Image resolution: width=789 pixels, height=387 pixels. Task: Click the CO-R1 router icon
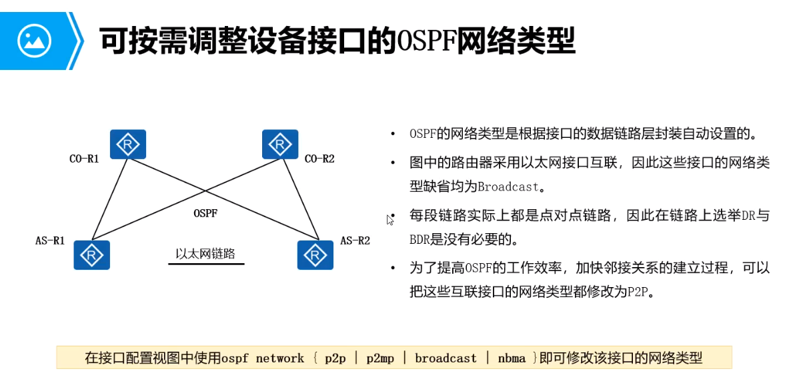(128, 144)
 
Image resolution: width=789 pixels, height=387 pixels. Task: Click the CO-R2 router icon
(280, 144)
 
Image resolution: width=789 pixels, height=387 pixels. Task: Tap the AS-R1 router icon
(91, 254)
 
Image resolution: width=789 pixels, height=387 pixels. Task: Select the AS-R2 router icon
(315, 254)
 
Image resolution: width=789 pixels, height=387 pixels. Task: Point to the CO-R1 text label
(84, 159)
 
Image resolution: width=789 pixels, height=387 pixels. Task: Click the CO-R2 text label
(319, 159)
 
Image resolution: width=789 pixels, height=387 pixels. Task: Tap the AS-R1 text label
(50, 240)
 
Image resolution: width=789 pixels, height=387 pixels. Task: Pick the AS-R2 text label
(355, 240)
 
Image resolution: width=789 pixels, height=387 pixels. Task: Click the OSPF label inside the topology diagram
(205, 214)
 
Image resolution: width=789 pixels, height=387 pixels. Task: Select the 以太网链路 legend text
(205, 254)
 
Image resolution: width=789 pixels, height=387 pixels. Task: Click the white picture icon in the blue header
(34, 41)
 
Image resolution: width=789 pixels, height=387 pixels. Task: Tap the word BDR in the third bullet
(421, 238)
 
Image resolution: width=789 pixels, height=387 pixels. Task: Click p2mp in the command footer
(380, 358)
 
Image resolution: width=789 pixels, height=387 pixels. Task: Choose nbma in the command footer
(512, 358)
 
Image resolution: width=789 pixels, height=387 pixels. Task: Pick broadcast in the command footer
(446, 358)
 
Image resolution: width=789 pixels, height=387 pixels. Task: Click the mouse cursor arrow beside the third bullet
(390, 219)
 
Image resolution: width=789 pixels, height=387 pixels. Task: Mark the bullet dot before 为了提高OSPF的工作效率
(393, 268)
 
